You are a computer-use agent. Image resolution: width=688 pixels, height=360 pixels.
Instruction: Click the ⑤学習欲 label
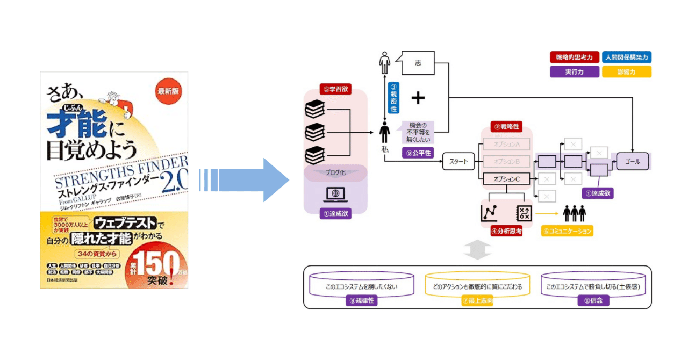tap(335, 89)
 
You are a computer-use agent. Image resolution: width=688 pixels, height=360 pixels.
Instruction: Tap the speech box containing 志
tap(418, 63)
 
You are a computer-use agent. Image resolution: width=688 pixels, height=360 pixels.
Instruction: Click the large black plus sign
tap(418, 97)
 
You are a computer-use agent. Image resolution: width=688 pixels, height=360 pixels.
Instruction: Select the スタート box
tap(458, 161)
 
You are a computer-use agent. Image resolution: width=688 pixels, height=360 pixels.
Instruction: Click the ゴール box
tap(633, 161)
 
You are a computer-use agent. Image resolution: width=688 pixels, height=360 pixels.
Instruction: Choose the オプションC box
tap(506, 179)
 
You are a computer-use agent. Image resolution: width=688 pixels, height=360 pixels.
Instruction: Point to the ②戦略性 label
tap(506, 127)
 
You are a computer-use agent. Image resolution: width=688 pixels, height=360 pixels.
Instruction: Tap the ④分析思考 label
tap(506, 232)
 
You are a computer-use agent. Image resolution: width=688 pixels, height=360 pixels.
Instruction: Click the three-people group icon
tap(574, 214)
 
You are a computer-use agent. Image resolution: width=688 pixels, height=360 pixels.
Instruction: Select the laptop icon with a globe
tap(335, 194)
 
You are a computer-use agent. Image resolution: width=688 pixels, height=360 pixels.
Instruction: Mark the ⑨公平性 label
tap(418, 152)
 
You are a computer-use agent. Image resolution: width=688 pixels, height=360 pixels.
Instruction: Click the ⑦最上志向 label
tap(477, 301)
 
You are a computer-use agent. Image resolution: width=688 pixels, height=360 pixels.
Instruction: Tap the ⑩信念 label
tap(593, 301)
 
